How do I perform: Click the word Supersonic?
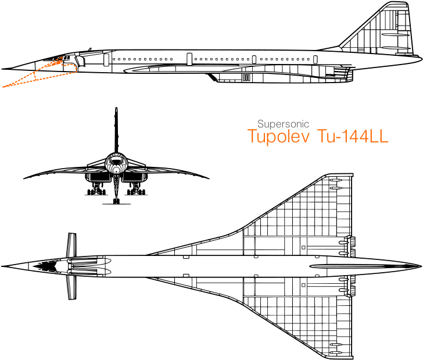click(283, 124)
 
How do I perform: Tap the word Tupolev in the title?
click(278, 136)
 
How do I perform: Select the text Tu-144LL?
click(353, 136)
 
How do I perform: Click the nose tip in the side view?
click(2, 69)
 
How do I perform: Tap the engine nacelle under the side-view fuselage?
click(281, 77)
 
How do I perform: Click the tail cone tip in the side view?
click(421, 57)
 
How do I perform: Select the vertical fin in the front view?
click(116, 130)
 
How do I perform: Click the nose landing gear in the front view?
click(116, 189)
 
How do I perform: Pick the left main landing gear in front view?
click(96, 189)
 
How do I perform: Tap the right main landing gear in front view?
click(136, 189)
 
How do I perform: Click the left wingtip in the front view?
click(24, 178)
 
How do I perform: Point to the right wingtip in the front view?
click(208, 178)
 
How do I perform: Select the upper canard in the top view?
click(72, 244)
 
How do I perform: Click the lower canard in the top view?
click(72, 288)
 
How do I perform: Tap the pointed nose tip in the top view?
click(2, 266)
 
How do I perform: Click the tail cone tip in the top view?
click(421, 266)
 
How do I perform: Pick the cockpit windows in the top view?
click(45, 266)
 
